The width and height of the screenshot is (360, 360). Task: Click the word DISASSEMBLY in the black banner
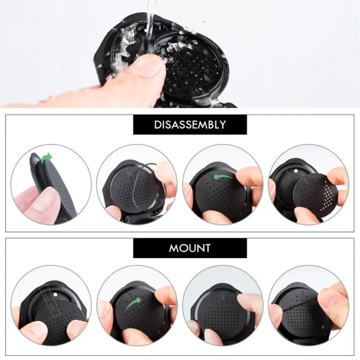click(190, 125)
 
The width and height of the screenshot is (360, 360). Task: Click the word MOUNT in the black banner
click(190, 248)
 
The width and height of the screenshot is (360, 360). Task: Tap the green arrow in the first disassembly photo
click(46, 158)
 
